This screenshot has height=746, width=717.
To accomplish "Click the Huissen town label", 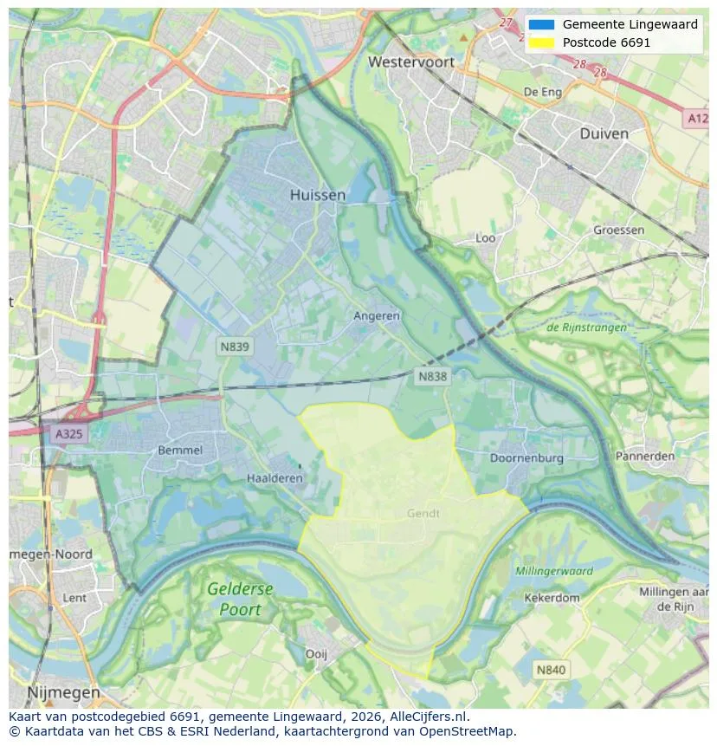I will click(317, 195).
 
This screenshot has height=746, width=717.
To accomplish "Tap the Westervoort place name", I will click(412, 62).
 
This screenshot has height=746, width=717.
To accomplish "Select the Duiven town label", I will click(604, 133).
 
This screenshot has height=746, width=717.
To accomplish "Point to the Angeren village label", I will click(377, 316).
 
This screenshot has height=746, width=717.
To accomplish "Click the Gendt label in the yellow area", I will click(423, 513).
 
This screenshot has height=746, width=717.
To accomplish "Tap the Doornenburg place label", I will click(526, 457).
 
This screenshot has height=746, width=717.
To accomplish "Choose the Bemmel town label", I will click(180, 451).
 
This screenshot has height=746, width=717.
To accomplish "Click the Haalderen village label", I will click(275, 478).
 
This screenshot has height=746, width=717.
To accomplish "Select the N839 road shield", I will click(234, 347).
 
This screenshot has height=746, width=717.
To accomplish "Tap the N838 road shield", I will click(433, 376).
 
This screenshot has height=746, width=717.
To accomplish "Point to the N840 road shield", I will click(551, 670).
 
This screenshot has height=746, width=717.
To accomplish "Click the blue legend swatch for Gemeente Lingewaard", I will click(542, 24).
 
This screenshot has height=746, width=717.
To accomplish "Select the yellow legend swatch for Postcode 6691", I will click(542, 42).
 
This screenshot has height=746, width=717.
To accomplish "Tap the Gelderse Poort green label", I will click(240, 599).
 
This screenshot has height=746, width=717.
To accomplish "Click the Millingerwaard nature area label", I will click(554, 571).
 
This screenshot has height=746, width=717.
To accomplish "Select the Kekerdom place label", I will click(552, 598).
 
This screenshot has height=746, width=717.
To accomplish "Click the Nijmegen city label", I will click(63, 693).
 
